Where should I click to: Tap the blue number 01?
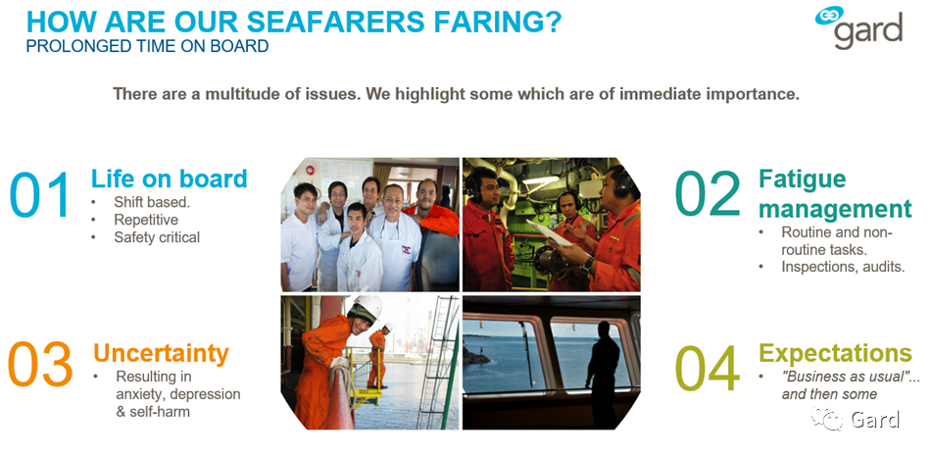(40, 194)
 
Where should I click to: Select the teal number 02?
(708, 194)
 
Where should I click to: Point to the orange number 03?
(40, 363)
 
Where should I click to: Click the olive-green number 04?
(708, 369)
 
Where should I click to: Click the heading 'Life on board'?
(169, 178)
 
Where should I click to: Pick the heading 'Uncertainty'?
(161, 353)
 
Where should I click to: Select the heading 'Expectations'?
(835, 352)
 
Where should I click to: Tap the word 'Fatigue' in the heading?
(803, 178)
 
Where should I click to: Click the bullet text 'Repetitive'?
(146, 220)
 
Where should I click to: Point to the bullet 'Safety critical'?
(157, 237)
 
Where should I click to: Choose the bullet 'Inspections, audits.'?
(843, 267)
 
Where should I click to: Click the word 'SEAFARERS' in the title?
(335, 22)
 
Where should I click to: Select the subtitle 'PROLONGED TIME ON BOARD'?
(147, 46)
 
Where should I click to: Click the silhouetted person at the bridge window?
(602, 372)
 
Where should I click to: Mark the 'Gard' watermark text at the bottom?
(875, 419)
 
